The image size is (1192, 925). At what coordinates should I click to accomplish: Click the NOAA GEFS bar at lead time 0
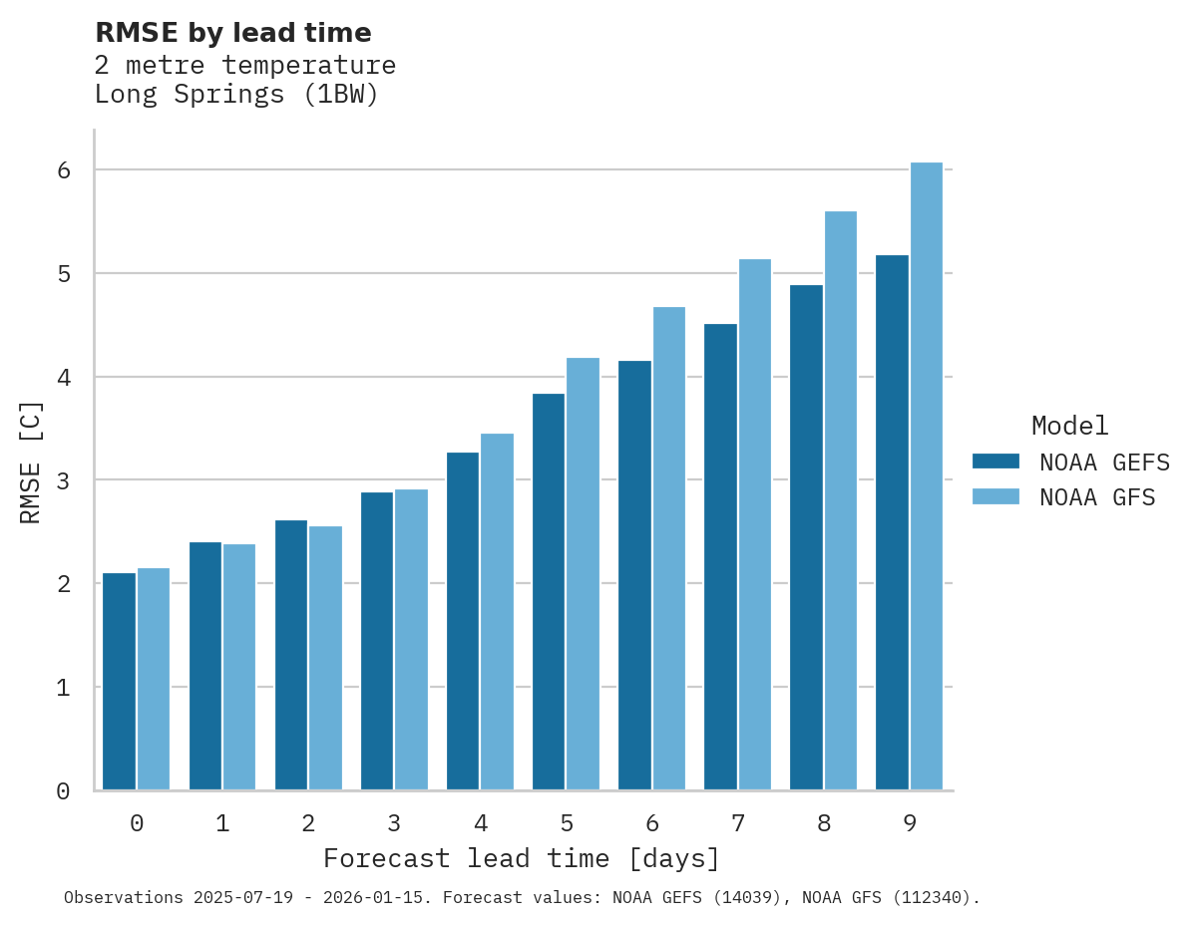(120, 682)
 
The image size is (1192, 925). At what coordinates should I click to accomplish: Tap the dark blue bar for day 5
(549, 592)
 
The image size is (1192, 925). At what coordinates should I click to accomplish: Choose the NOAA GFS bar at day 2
(325, 658)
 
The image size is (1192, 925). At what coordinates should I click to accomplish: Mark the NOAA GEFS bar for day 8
(806, 538)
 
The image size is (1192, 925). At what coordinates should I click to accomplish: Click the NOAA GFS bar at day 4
(497, 612)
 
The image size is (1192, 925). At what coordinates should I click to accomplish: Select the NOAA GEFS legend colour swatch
(995, 462)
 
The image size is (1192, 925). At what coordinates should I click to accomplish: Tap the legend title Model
(1069, 426)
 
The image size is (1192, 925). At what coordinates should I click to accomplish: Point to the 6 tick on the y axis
(64, 170)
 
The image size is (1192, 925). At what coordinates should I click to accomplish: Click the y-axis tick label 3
(64, 480)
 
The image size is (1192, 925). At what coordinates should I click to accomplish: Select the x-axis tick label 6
(652, 823)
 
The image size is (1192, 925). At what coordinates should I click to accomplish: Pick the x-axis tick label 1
(222, 823)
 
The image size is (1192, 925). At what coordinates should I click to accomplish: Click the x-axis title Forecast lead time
(521, 858)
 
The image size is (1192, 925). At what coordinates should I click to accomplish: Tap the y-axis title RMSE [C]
(31, 462)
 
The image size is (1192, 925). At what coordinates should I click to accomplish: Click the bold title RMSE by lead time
(232, 33)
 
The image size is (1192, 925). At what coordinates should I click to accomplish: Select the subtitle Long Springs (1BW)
(236, 96)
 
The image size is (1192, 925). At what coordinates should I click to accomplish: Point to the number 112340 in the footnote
(927, 898)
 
